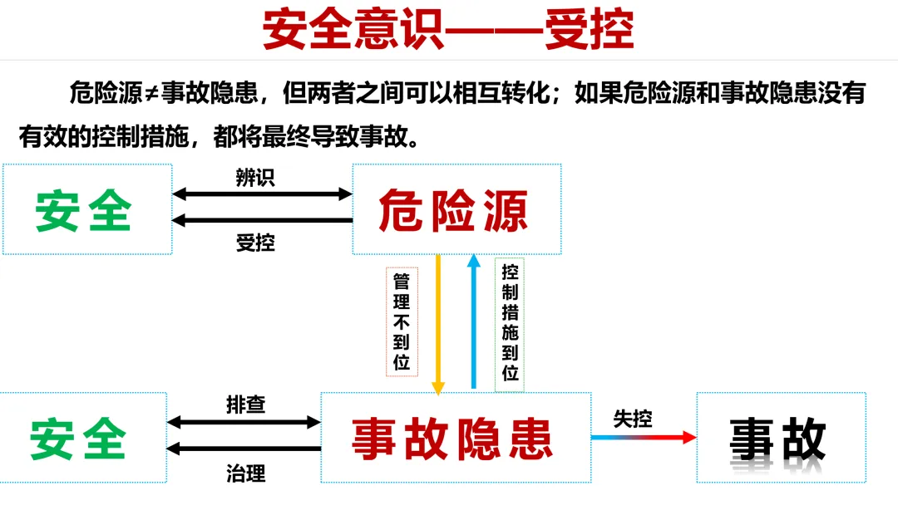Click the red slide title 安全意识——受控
[x=448, y=31]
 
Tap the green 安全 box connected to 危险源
[x=87, y=209]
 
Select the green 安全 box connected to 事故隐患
[x=82, y=438]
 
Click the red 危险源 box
[x=456, y=209]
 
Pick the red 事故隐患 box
[x=452, y=438]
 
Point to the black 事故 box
[x=780, y=438]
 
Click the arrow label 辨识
[x=254, y=178]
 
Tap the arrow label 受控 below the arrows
[x=254, y=243]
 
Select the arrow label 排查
[x=245, y=404]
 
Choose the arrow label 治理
[x=245, y=473]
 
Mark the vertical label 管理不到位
[x=402, y=321]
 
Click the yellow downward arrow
[x=438, y=324]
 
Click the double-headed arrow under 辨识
[x=262, y=194]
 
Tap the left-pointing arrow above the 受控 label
[x=262, y=220]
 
